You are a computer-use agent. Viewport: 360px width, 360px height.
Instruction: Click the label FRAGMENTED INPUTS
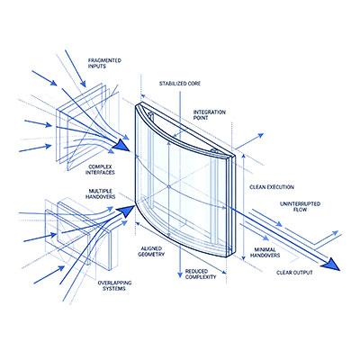tap(104, 63)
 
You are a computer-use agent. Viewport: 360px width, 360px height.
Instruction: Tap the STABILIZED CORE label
tap(180, 84)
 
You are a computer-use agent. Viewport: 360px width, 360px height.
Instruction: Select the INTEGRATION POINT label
tap(210, 115)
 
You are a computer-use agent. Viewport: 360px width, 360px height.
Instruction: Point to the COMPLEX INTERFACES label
tap(100, 170)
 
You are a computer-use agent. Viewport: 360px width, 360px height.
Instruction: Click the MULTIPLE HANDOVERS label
tap(100, 194)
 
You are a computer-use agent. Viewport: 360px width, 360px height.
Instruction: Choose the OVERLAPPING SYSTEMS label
tap(114, 286)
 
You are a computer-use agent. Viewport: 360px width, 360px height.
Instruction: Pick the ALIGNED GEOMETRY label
tap(151, 251)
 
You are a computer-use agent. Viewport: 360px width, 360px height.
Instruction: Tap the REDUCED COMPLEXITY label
tap(201, 274)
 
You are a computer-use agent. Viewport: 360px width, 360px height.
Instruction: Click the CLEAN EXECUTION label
tap(272, 187)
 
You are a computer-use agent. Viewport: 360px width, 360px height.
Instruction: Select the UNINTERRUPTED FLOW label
tap(300, 207)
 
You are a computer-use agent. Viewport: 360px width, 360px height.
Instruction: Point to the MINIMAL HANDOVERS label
tap(265, 253)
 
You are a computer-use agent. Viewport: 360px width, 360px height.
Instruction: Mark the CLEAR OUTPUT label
tap(294, 273)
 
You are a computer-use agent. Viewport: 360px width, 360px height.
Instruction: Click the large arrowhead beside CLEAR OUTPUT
tap(332, 265)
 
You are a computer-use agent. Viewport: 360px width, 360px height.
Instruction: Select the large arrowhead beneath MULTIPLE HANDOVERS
tap(125, 209)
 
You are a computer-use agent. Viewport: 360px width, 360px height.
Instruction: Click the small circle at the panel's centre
tap(168, 186)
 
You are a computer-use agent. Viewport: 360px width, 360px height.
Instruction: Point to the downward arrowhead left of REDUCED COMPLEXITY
tap(180, 274)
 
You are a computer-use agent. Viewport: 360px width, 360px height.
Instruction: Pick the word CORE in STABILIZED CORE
tap(193, 84)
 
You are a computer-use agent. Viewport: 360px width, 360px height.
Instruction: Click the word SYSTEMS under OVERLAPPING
tap(114, 289)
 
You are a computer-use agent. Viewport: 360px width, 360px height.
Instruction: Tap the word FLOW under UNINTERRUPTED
tap(300, 210)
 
